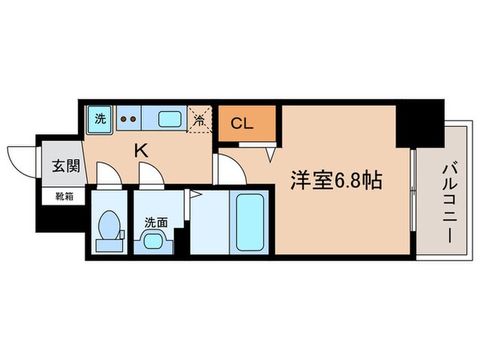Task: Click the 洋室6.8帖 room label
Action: click(336, 182)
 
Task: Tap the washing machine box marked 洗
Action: click(99, 119)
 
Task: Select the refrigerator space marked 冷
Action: click(200, 119)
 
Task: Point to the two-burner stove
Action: click(128, 119)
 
